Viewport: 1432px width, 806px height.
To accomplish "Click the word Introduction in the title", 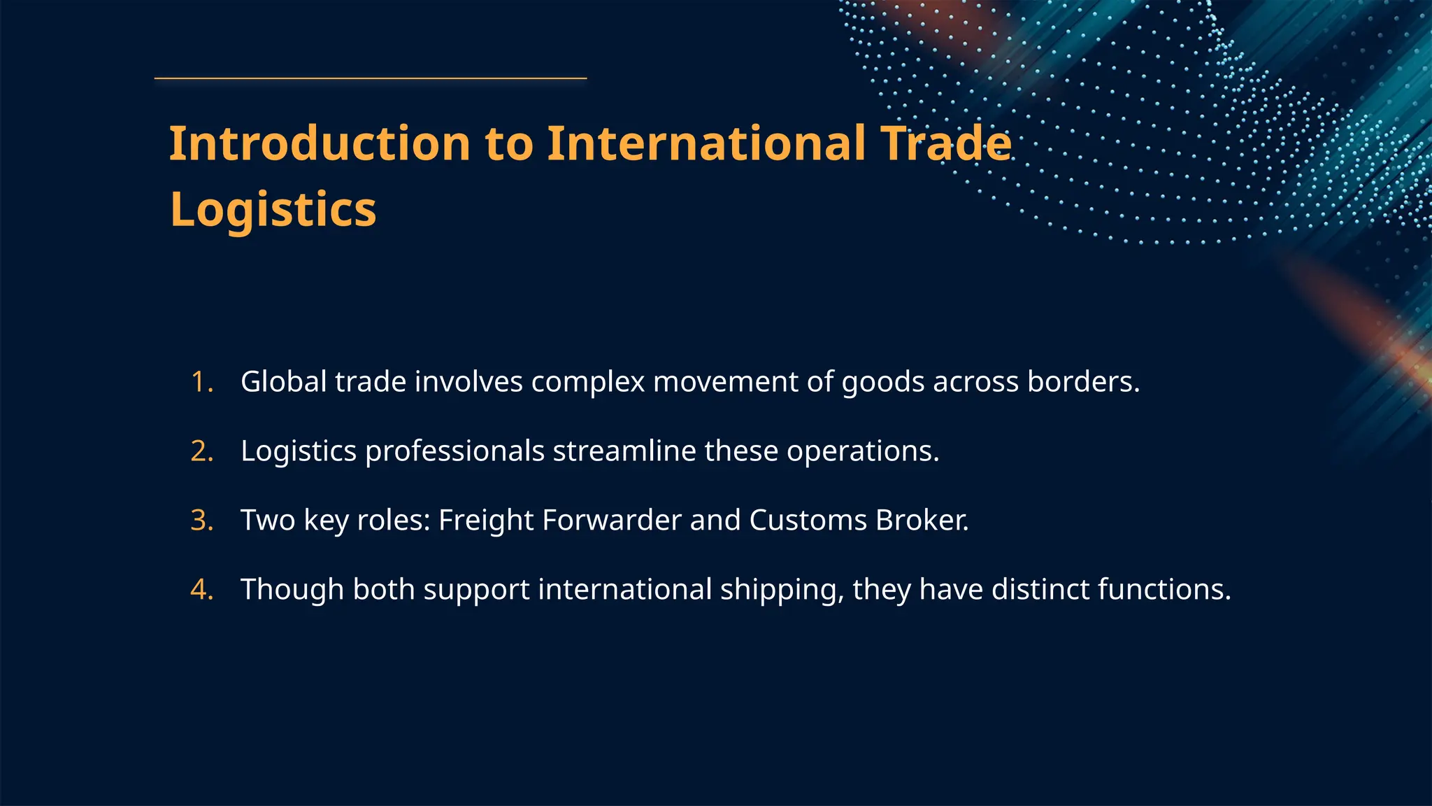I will (x=319, y=143).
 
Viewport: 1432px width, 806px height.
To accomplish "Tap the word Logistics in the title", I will (x=273, y=209).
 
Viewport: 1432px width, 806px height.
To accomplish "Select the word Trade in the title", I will (x=945, y=143).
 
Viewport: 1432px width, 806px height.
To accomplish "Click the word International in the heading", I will (x=706, y=143).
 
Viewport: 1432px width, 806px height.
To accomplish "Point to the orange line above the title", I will (x=370, y=78).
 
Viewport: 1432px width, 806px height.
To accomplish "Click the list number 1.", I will (x=201, y=382).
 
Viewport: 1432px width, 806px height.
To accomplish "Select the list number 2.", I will (x=201, y=451).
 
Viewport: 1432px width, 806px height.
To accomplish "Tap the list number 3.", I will (x=201, y=521).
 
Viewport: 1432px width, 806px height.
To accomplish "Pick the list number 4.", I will (x=201, y=590).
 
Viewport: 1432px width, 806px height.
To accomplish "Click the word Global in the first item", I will (x=284, y=382).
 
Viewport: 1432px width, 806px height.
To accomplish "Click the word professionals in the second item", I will (x=454, y=451).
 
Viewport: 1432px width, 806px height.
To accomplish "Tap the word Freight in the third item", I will (x=486, y=521).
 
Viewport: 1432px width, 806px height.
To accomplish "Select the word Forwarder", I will (x=611, y=521).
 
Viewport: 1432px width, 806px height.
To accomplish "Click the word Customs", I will (x=808, y=521).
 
